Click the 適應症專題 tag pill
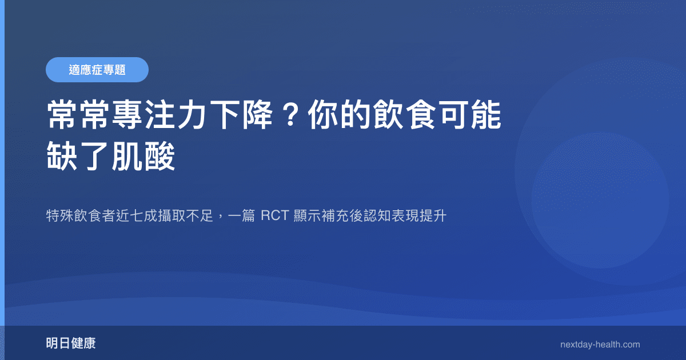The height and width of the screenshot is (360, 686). pos(97,70)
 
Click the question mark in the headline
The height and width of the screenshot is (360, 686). pos(288,117)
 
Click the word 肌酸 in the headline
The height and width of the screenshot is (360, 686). pos(144,157)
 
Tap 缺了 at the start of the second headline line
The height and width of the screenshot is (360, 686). pos(79,157)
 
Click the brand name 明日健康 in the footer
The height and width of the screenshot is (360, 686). pos(71,344)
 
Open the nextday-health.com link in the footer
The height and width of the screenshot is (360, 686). pos(600,345)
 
